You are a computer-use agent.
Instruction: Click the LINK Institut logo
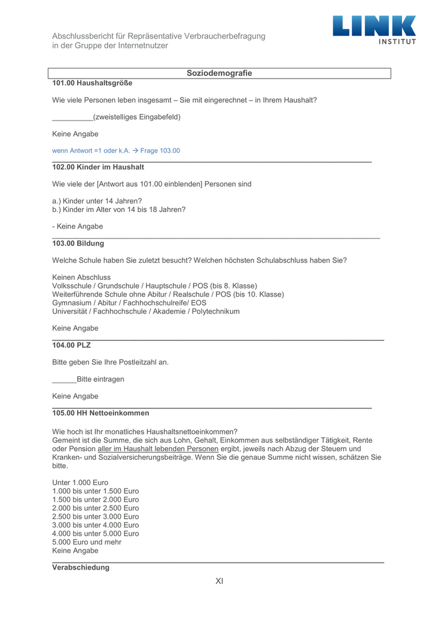[374, 29]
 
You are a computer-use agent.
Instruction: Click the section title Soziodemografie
[219, 73]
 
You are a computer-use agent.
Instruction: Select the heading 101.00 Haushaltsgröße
[92, 83]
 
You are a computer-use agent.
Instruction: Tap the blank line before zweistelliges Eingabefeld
[72, 117]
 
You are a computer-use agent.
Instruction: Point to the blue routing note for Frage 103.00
[116, 151]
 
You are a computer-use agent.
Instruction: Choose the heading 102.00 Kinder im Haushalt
[98, 167]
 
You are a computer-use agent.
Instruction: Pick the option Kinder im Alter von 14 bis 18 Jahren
[119, 210]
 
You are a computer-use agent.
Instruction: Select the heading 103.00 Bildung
[78, 243]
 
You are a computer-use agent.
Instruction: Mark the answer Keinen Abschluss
[82, 277]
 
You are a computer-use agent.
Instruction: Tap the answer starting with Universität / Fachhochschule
[145, 311]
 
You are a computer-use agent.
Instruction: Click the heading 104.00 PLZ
[71, 345]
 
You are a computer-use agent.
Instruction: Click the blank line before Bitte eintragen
[64, 379]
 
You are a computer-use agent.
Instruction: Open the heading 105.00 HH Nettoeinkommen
[100, 413]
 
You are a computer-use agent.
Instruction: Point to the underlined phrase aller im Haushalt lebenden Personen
[158, 449]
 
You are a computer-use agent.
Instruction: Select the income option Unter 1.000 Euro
[80, 482]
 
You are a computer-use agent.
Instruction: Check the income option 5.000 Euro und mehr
[87, 542]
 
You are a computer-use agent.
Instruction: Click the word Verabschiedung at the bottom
[80, 567]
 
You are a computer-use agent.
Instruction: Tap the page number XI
[219, 581]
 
